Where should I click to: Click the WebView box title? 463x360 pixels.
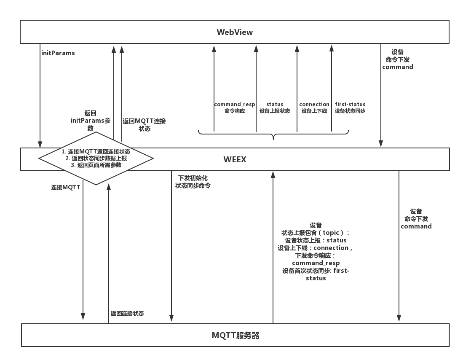(x=235, y=32)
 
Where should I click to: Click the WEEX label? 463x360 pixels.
(x=235, y=159)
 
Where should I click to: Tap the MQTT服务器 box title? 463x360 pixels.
(x=235, y=336)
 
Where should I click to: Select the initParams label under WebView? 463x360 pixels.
(x=58, y=53)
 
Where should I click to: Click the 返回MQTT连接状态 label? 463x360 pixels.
(x=144, y=125)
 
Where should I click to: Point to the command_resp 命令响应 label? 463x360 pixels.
(x=234, y=107)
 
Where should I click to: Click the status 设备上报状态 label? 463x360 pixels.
(x=275, y=107)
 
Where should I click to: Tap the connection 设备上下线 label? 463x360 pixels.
(x=314, y=107)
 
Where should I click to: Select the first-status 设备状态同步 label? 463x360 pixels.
(x=350, y=107)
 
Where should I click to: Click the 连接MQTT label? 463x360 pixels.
(x=65, y=188)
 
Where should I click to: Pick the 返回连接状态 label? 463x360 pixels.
(x=127, y=314)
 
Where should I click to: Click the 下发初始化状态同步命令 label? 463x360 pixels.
(x=193, y=182)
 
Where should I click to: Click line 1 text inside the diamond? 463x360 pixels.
(x=96, y=152)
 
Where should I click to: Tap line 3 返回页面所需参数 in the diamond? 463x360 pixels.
(x=96, y=165)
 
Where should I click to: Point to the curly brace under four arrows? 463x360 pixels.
(x=273, y=135)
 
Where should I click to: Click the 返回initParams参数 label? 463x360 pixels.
(x=91, y=121)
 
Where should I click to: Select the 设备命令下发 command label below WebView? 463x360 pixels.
(x=397, y=59)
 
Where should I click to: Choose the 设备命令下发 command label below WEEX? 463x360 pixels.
(x=416, y=219)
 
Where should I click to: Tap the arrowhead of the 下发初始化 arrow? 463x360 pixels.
(x=171, y=318)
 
